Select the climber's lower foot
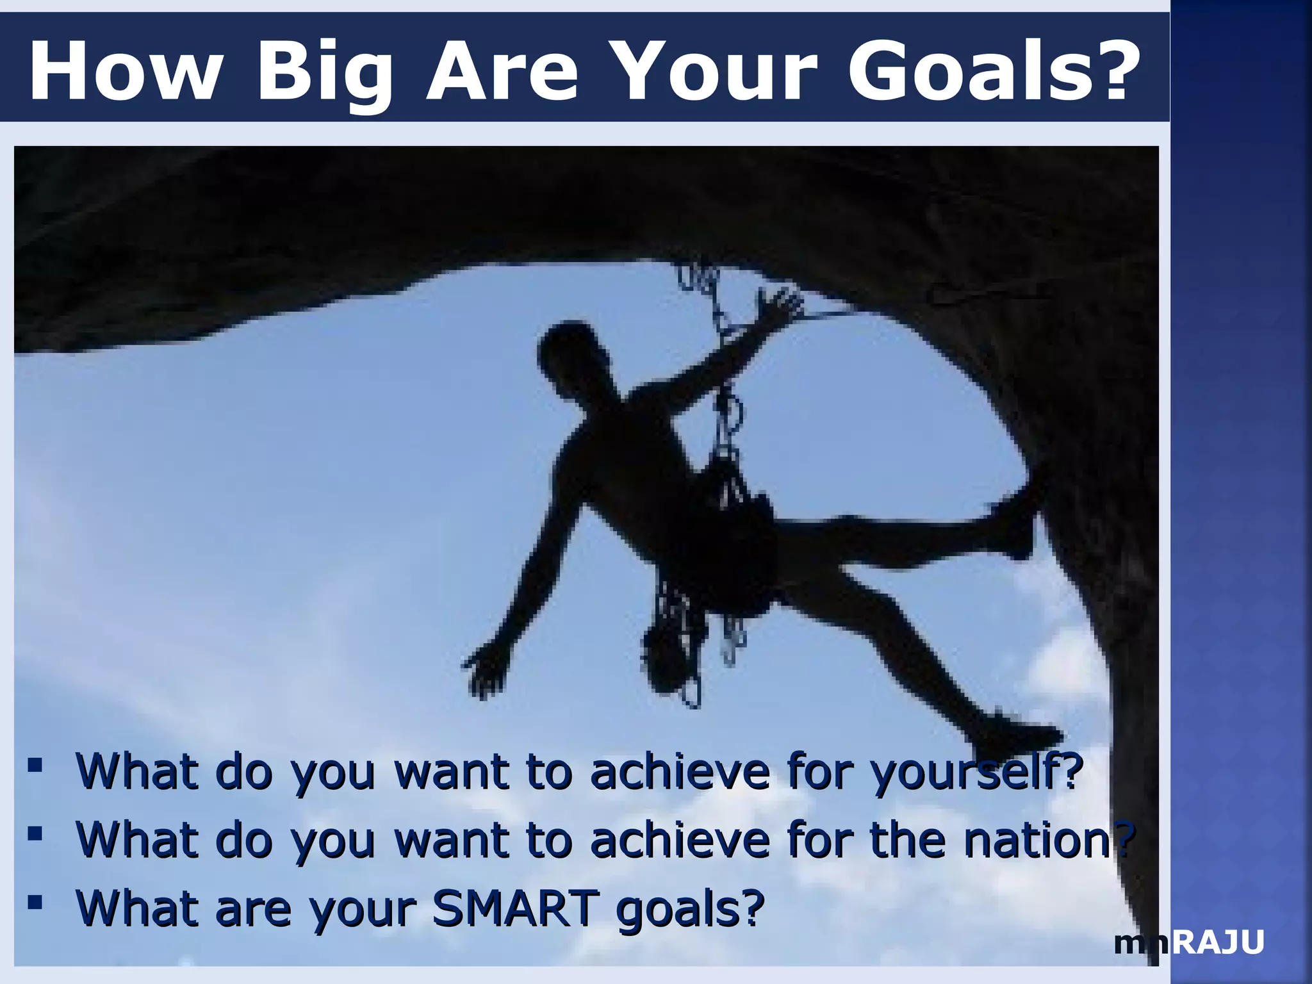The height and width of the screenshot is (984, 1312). point(1019,737)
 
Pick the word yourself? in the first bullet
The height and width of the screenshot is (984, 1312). point(977,772)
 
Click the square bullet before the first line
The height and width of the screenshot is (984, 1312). point(35,765)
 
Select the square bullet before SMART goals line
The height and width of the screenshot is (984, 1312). point(35,902)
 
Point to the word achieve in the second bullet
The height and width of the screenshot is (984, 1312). point(680,840)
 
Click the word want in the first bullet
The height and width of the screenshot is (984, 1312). point(452,772)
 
